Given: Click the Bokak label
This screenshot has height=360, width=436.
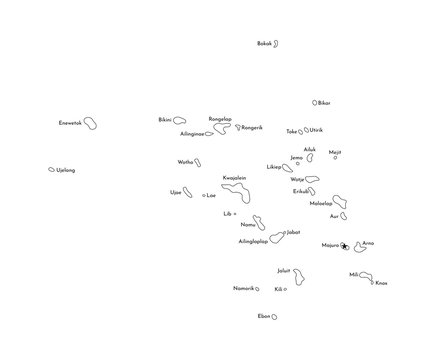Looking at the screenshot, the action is point(264,44).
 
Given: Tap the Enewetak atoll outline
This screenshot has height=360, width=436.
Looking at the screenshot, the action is point(90,124).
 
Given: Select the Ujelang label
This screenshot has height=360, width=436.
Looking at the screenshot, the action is point(66,170).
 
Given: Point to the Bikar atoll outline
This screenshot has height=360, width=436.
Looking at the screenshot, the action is point(315,102).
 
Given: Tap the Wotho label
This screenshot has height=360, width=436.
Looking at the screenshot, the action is point(185,161).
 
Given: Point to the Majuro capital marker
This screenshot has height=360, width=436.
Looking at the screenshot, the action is point(343,245).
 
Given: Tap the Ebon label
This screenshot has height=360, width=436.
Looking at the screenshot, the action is point(264,316).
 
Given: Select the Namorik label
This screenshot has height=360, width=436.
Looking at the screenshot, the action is point(244,288).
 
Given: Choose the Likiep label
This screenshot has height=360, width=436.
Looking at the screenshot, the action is point(274,166).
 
